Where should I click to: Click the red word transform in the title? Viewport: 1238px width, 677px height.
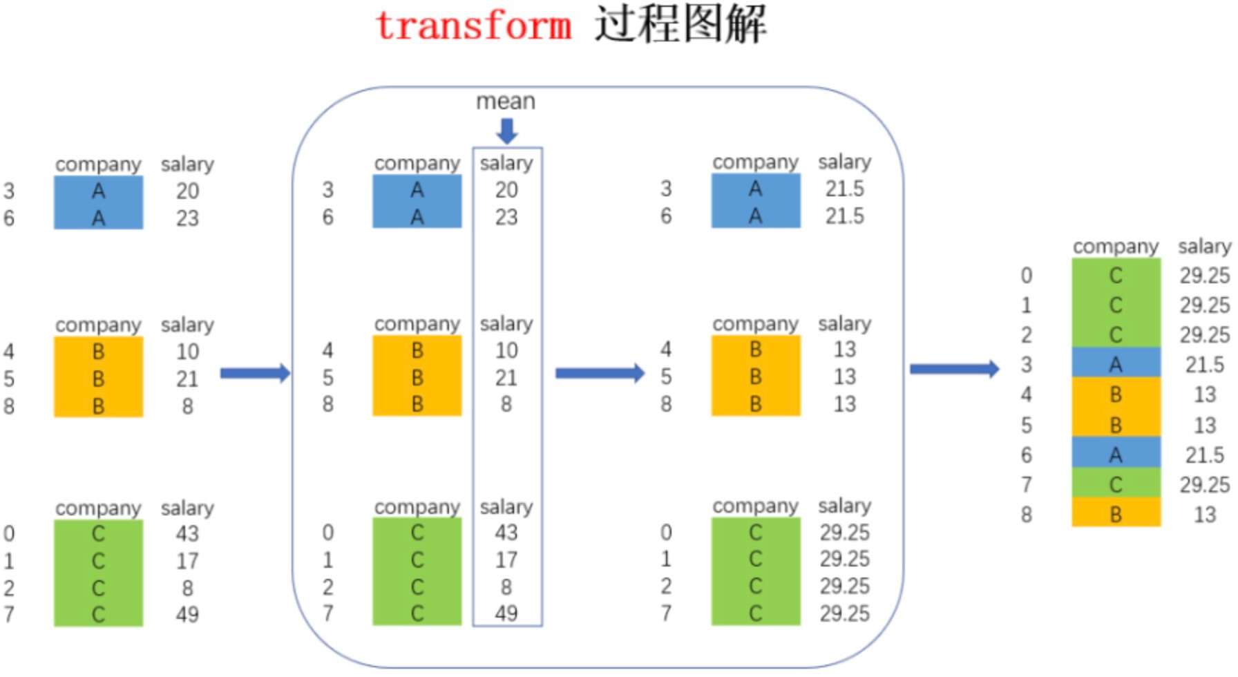tap(474, 26)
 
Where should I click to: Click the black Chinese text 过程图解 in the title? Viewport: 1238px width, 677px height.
tap(680, 25)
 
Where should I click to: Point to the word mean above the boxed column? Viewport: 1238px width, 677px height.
tap(506, 102)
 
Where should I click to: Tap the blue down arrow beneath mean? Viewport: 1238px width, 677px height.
tap(507, 131)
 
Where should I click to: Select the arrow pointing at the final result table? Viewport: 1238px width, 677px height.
tap(954, 369)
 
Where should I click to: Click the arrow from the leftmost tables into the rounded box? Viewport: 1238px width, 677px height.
tap(255, 374)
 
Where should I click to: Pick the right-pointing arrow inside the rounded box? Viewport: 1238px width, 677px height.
tap(599, 374)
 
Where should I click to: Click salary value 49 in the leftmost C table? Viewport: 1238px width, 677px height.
tap(187, 614)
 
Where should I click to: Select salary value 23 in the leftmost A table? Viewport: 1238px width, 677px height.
tap(187, 218)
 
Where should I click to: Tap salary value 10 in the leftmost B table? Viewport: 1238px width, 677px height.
tap(187, 352)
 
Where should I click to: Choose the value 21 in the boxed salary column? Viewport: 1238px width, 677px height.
tap(506, 378)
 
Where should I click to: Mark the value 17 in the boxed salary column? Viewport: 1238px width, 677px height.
tap(506, 560)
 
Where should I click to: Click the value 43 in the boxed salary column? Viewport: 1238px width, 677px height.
tap(506, 533)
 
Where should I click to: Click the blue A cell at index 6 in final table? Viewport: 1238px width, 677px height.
tap(1116, 455)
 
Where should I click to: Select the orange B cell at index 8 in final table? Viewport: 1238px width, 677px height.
tap(1116, 515)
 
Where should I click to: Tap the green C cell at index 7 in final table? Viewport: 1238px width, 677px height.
tap(1116, 485)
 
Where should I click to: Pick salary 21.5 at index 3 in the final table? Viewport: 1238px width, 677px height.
tap(1204, 365)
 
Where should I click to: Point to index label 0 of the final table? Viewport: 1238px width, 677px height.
tap(1027, 276)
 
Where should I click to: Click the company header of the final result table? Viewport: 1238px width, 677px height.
tap(1115, 247)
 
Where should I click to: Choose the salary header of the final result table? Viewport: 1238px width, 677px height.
tap(1204, 247)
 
